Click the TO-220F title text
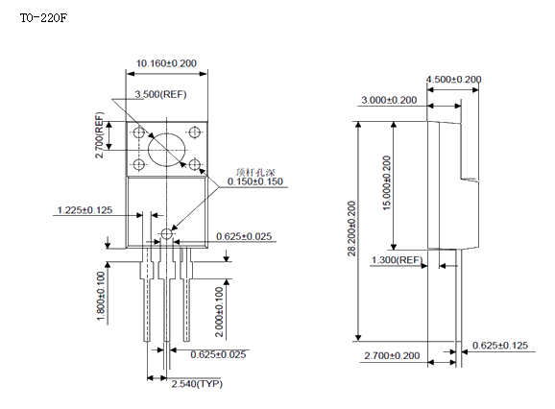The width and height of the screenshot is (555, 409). coord(43,18)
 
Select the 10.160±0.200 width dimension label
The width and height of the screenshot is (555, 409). coord(166,63)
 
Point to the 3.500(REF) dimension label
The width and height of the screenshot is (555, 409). coord(160,94)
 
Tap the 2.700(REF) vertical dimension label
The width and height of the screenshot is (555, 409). coord(100,135)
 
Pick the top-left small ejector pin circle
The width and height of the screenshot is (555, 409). coord(139,132)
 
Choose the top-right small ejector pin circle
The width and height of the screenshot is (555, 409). coord(194,132)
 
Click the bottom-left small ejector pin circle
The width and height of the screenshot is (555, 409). coord(139,164)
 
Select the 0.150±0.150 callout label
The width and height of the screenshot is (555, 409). coord(255,181)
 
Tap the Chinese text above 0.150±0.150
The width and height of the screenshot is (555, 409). coord(255,173)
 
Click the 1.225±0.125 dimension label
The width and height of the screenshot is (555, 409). coord(84,210)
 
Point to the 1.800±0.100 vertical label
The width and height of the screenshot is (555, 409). coord(101,297)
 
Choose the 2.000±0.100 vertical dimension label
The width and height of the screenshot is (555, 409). coord(220,312)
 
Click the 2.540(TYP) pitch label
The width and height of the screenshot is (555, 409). coord(197,384)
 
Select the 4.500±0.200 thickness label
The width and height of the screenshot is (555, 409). coord(454,80)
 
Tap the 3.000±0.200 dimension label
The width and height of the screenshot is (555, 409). coord(389,100)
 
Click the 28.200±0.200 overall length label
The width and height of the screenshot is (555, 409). coord(351,229)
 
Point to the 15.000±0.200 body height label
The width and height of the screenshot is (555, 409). coord(387,183)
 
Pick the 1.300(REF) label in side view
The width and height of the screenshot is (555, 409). coord(398,260)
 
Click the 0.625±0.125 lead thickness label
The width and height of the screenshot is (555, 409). coord(500,346)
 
